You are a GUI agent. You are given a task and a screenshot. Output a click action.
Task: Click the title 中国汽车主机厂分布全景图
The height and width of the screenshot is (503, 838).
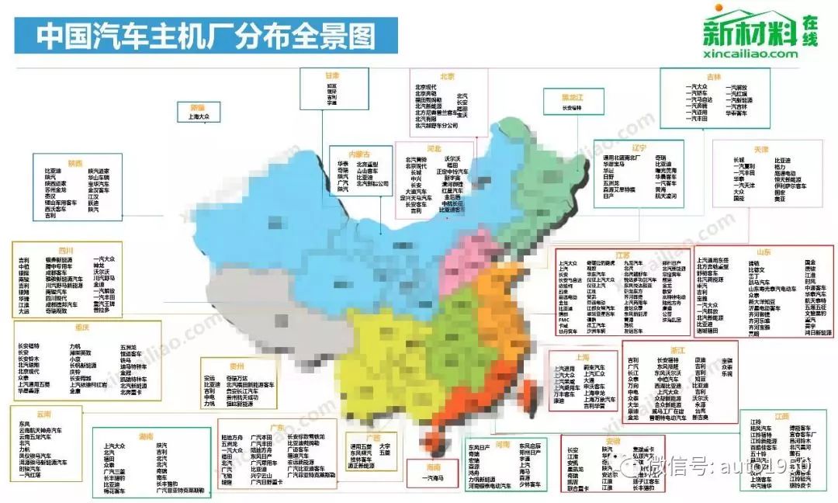[x=206, y=36]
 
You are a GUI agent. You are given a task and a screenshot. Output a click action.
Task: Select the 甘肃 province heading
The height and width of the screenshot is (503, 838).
[x=331, y=75]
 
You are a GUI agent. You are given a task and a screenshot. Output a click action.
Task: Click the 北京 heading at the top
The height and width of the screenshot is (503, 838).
[x=446, y=76]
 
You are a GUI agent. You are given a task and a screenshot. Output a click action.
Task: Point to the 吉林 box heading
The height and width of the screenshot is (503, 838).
[x=714, y=76]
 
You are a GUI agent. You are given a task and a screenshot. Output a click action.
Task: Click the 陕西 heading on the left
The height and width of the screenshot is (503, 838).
[x=75, y=162]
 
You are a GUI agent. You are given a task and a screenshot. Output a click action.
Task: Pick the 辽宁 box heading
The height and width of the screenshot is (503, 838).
[x=638, y=147]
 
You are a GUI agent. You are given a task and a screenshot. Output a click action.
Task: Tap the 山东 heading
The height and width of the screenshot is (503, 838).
[x=764, y=252]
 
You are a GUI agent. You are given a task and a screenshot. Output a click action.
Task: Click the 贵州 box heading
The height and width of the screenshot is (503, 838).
[x=237, y=365]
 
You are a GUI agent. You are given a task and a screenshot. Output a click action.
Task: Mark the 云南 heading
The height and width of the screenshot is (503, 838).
[x=43, y=413]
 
